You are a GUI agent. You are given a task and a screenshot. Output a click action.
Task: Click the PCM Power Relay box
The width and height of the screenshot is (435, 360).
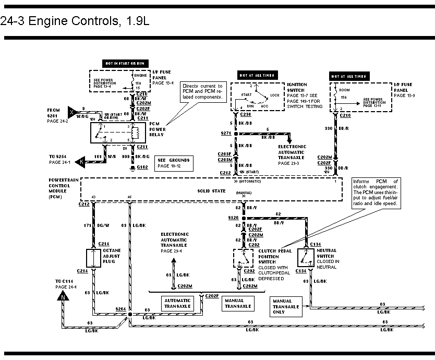point(114,134)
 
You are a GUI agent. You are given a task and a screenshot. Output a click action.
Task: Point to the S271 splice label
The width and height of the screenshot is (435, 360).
point(225,134)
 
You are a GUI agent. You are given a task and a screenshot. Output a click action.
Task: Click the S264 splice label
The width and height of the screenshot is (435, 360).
point(120,309)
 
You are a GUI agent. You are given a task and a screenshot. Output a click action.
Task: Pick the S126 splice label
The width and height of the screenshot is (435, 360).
point(233,217)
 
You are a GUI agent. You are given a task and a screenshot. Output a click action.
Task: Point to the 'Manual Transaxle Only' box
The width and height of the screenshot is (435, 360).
point(286,306)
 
